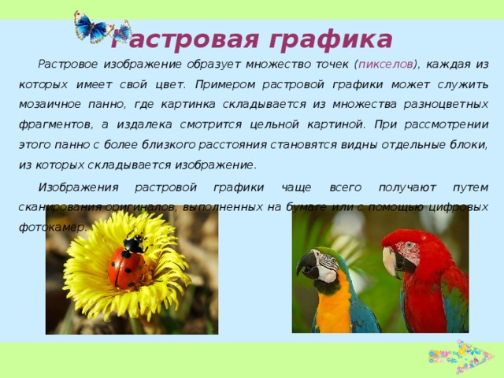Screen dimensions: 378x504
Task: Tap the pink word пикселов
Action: coord(387,65)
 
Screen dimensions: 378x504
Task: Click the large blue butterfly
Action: coord(93,28)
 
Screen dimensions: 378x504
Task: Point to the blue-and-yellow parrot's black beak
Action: coord(306,265)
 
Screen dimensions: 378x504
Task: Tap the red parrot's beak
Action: coord(391,261)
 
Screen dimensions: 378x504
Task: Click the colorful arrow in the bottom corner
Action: coord(460,356)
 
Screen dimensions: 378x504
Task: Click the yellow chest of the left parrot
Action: coord(331,303)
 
